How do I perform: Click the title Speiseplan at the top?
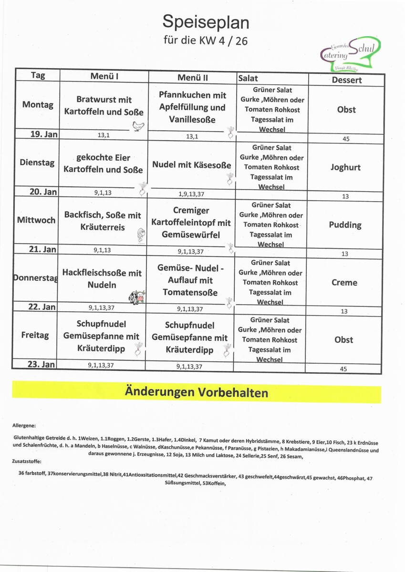(206, 22)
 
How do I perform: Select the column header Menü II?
(192, 77)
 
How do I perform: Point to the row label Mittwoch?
(36, 220)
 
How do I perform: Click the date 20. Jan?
(43, 192)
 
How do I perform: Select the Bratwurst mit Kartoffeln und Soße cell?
(104, 106)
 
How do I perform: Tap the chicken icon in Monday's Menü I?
(138, 126)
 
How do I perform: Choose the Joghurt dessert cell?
(345, 167)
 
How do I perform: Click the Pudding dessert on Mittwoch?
(345, 225)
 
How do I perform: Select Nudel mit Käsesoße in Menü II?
(192, 165)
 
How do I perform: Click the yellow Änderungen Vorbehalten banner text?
(196, 393)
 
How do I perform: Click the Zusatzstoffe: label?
(27, 461)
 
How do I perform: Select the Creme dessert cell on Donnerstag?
(344, 283)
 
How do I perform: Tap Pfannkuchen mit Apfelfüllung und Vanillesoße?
(192, 108)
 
